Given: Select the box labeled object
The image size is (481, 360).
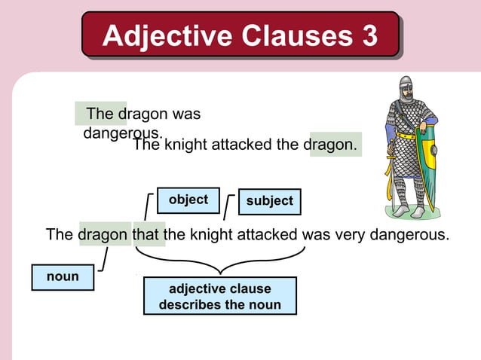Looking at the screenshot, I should pos(188,200).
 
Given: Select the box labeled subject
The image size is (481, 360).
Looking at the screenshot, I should pos(269,202).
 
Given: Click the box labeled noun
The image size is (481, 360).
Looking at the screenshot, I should pos(63,277).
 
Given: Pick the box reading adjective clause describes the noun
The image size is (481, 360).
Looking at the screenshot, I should pos(219,297).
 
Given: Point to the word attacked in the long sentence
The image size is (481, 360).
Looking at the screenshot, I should pos(265,234).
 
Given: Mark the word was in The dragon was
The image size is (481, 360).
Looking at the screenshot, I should pos(187,115).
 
